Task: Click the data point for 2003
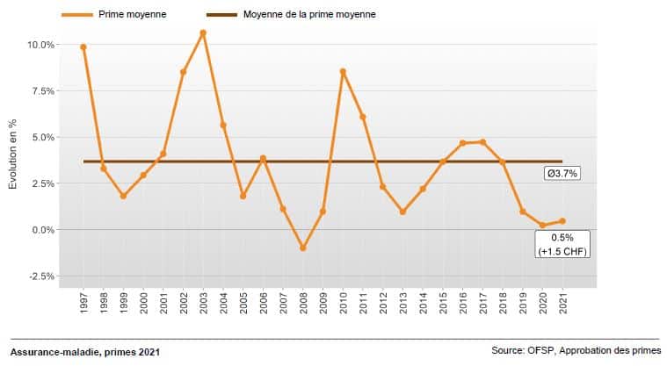coord(203,33)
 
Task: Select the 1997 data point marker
coord(83,47)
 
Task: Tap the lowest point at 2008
coord(303,248)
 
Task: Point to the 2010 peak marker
coord(343,72)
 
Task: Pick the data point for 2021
coord(562,221)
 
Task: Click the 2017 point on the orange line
coord(482,142)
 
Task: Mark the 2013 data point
coord(402,212)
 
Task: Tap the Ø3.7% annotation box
coord(562,174)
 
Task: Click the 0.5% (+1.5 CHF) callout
coord(562,244)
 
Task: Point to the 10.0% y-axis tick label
coord(42,45)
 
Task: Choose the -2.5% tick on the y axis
coord(42,276)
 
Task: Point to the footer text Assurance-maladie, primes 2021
coord(85,352)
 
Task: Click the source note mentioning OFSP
coord(576,351)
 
